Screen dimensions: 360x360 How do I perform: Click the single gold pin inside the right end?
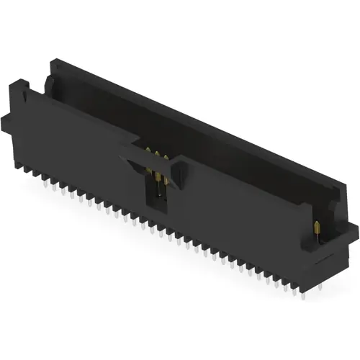pos(318,229)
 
